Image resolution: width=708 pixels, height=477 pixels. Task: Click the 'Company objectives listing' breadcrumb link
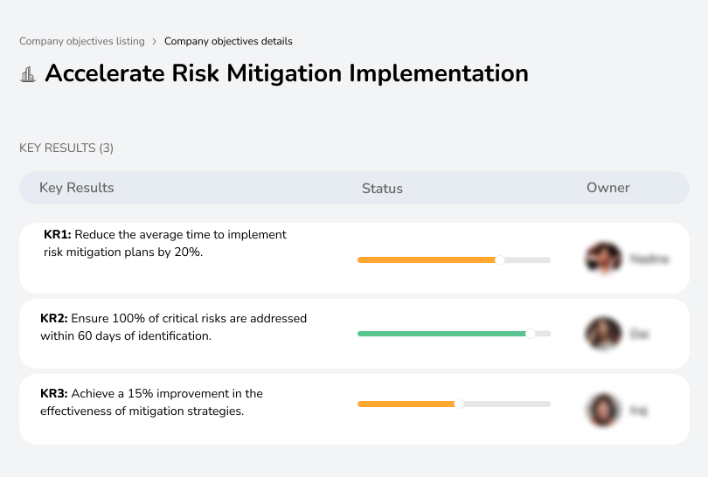pos(82,41)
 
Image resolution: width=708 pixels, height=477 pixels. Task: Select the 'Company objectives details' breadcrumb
pos(228,41)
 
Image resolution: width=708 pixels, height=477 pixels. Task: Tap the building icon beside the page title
pos(28,75)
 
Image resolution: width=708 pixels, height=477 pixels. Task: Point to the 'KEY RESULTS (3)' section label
pos(66,149)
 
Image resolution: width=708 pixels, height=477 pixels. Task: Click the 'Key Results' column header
pos(77,188)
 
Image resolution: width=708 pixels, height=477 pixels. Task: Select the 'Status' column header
pos(382,189)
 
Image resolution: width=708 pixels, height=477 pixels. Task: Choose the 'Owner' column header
pos(608,188)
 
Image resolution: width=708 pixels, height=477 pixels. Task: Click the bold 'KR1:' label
pos(58,235)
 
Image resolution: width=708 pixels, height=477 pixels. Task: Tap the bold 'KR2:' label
pos(54,319)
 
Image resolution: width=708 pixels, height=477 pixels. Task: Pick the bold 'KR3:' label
pos(54,394)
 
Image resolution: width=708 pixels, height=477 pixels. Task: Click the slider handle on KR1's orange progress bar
pos(500,259)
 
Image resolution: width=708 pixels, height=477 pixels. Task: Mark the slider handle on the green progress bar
pos(530,334)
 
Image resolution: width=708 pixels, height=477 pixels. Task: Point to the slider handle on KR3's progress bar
pos(459,404)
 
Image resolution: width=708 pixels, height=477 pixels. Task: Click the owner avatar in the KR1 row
pos(603,259)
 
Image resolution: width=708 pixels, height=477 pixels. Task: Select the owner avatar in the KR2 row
pos(603,334)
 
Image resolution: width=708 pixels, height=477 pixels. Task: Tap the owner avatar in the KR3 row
pos(603,409)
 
